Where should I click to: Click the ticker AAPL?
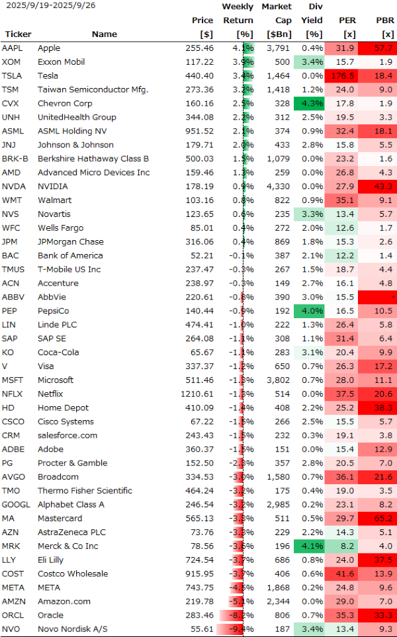pos(12,48)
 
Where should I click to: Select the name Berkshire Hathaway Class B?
pos(93,159)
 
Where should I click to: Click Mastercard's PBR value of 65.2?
pos(383,519)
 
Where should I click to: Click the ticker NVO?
pos(11,629)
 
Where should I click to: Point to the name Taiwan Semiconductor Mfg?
pos(93,90)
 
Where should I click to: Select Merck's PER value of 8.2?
pos(346,546)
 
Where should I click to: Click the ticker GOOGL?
pos(15,505)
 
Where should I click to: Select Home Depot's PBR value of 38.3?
pos(383,408)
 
